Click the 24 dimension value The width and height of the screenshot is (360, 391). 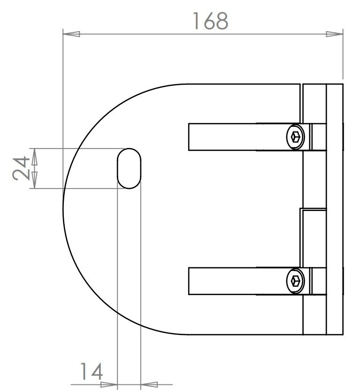pos(21,168)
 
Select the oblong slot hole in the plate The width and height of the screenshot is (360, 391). pos(128,168)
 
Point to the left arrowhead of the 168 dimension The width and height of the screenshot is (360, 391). pos(71,34)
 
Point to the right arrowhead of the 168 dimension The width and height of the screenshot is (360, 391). pos(335,34)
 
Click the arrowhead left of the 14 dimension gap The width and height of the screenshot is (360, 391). pos(109,383)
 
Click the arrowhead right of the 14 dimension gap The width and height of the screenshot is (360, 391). pos(148,383)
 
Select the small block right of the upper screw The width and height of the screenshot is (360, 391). pos(319,137)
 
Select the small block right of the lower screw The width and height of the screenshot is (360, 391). pos(319,281)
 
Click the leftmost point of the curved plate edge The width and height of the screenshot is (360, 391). pos(63,209)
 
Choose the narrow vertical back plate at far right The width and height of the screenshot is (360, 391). pos(335,209)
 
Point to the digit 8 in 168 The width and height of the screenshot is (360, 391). pos(221,21)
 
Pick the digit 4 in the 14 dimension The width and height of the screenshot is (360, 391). pos(96,372)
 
